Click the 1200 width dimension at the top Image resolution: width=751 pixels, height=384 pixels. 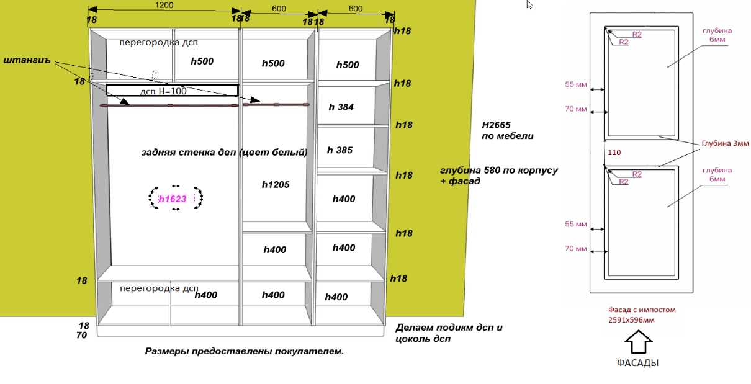click(164, 5)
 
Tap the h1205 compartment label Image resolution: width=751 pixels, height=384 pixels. click(276, 185)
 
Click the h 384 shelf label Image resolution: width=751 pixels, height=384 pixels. click(341, 107)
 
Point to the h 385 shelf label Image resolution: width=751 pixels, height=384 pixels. click(340, 150)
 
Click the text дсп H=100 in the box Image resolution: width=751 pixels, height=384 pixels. click(163, 91)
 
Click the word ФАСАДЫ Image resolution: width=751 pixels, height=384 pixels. click(637, 363)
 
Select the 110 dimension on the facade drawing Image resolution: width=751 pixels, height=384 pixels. click(614, 152)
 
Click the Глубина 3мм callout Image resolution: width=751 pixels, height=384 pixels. click(725, 143)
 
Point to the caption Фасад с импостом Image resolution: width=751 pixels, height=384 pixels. click(641, 309)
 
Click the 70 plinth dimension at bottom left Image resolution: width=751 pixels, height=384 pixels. click(81, 336)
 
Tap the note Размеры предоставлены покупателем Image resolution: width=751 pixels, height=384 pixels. click(245, 351)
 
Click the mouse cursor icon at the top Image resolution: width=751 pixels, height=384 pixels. click(529, 4)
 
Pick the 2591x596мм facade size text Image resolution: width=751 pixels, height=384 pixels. click(631, 320)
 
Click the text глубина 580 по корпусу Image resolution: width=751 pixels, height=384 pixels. click(498, 170)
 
